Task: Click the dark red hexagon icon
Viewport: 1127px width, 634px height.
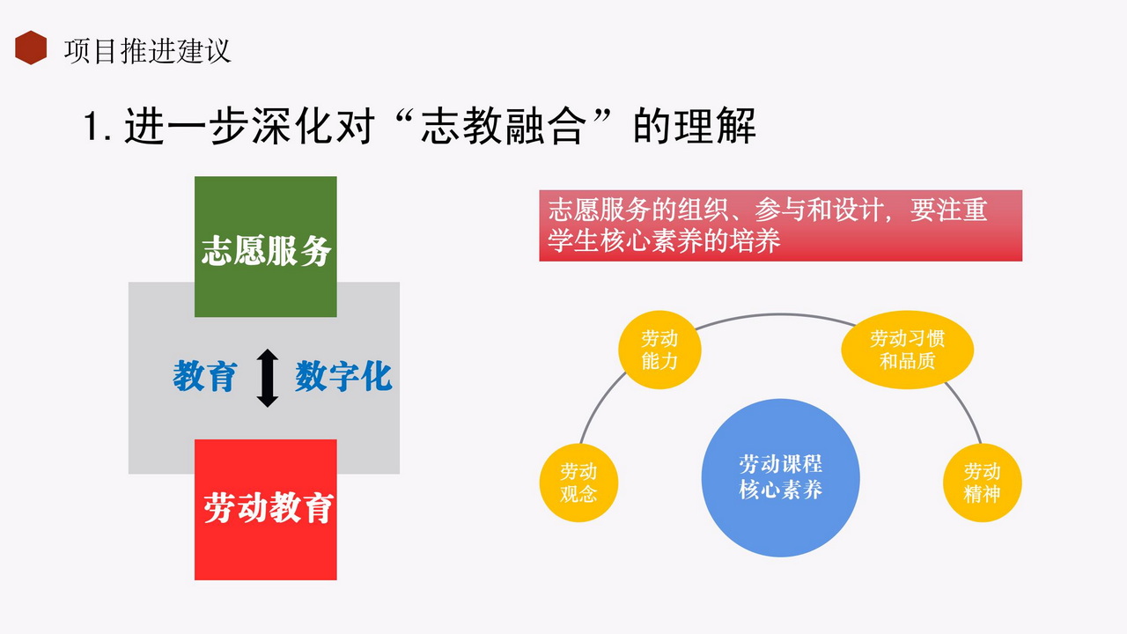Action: (x=31, y=48)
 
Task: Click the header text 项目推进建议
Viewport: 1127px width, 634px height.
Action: (x=147, y=51)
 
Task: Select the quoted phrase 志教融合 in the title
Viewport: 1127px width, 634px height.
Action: (x=504, y=126)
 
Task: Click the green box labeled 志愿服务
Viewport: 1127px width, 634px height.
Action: (x=266, y=247)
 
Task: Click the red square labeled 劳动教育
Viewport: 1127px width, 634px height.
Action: (x=266, y=510)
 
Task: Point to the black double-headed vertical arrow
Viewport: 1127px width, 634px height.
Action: (x=268, y=378)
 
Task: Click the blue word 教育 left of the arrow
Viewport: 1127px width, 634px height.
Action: (x=204, y=376)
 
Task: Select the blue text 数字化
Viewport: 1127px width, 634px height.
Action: (x=343, y=376)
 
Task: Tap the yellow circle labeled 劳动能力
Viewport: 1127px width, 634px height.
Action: (x=659, y=350)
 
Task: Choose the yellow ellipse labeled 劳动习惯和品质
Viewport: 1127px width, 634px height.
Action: (x=907, y=350)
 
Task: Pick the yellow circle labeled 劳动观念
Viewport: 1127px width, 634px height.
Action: (x=578, y=483)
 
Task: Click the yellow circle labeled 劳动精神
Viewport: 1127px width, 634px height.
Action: (x=982, y=483)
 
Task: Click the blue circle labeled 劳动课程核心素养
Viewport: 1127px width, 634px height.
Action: (x=780, y=477)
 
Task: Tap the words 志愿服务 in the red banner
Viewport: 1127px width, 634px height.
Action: (x=600, y=210)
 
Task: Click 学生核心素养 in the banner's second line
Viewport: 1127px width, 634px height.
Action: (x=625, y=240)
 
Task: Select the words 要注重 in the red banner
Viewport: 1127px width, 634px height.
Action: (x=949, y=210)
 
